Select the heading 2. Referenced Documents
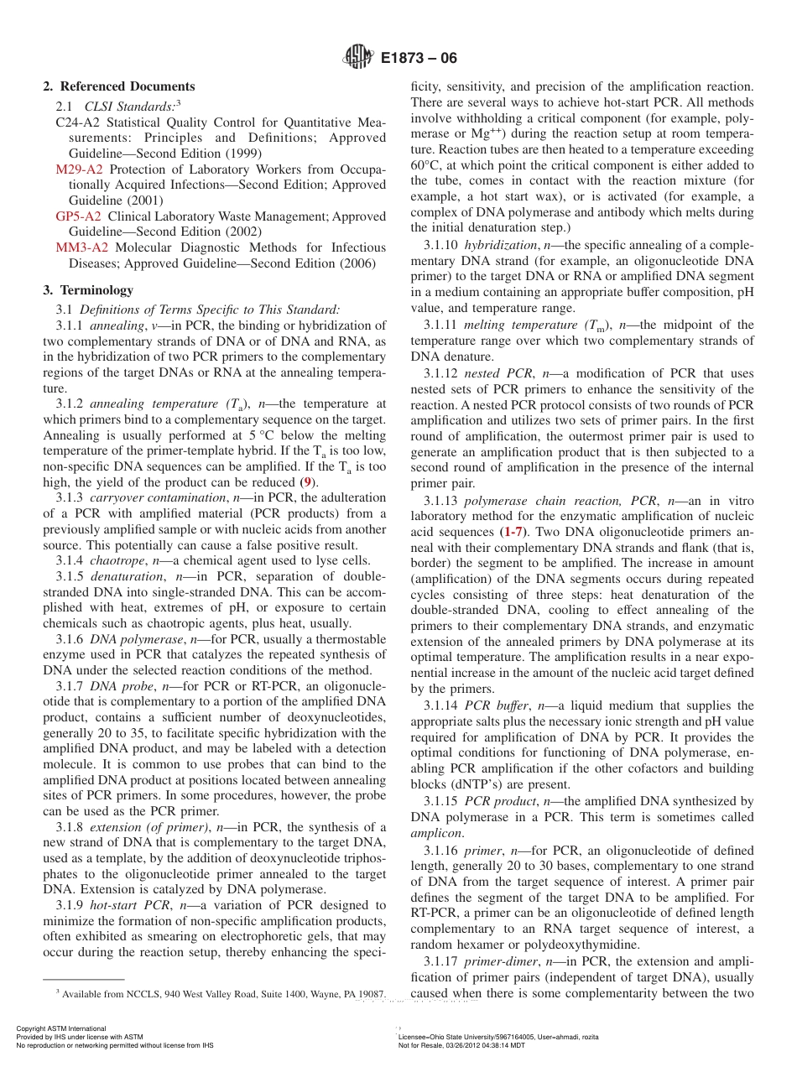[119, 86]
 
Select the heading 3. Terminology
[88, 290]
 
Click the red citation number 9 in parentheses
[309, 482]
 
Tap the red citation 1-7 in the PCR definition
[514, 532]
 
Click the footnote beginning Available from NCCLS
[221, 994]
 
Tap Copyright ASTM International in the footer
[61, 1028]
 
